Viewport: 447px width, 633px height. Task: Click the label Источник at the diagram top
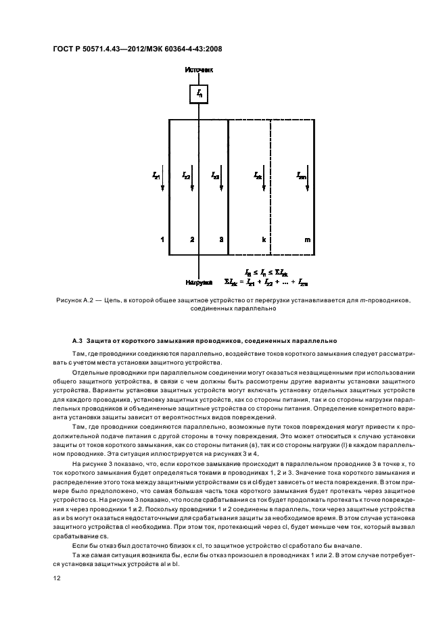(199, 70)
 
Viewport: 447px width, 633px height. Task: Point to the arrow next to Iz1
(163, 181)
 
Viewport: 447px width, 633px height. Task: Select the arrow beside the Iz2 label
(192, 181)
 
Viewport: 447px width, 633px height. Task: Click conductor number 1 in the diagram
(162, 240)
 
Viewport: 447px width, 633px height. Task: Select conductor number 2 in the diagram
(192, 240)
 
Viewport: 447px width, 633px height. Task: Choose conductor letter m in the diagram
(308, 240)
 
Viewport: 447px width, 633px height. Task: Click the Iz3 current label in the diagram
(215, 174)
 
